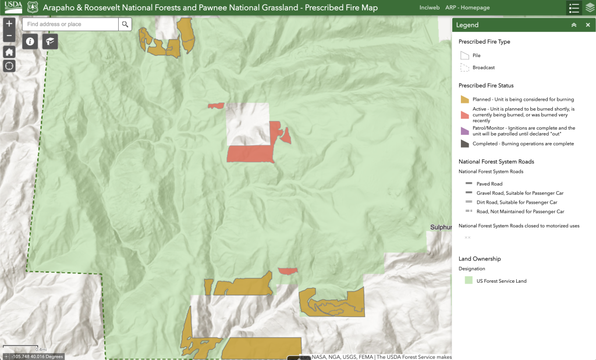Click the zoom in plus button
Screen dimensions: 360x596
pyautogui.click(x=9, y=24)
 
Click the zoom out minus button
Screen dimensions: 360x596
pyautogui.click(x=9, y=36)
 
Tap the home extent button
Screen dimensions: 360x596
pyautogui.click(x=9, y=52)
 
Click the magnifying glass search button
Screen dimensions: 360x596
pyautogui.click(x=125, y=24)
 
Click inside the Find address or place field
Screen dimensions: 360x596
pyautogui.click(x=70, y=24)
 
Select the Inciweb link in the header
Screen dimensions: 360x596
pyautogui.click(x=427, y=8)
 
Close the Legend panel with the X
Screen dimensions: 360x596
pyautogui.click(x=588, y=25)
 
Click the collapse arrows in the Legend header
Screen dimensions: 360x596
pyautogui.click(x=574, y=25)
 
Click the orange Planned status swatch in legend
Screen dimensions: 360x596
pyautogui.click(x=464, y=99)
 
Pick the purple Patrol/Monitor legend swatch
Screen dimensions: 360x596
pyautogui.click(x=464, y=131)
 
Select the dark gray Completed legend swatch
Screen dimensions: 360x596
pyautogui.click(x=464, y=144)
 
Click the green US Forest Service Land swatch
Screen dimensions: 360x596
pyautogui.click(x=468, y=281)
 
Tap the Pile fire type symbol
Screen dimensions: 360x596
pyautogui.click(x=464, y=56)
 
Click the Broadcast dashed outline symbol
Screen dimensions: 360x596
pyautogui.click(x=464, y=67)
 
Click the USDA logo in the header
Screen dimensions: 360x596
pyautogui.click(x=13, y=8)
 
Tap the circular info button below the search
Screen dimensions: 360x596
pyautogui.click(x=30, y=41)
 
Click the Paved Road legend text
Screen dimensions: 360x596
pyautogui.click(x=489, y=184)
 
